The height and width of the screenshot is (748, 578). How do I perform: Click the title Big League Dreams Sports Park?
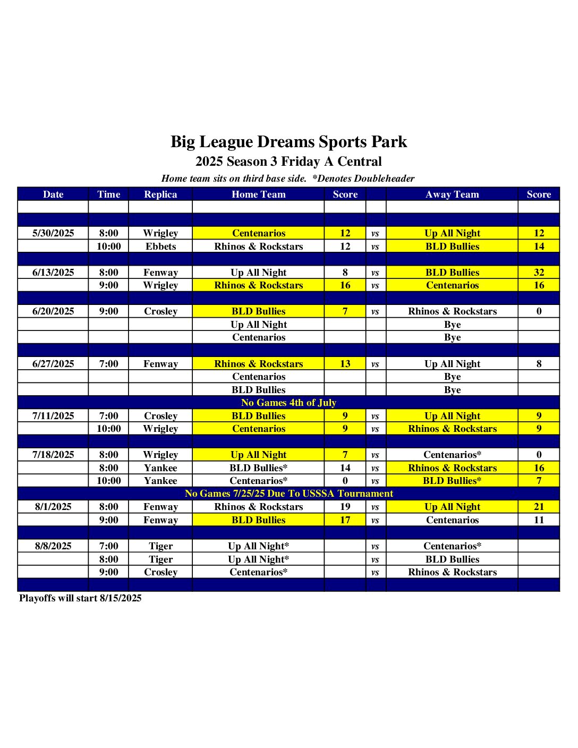click(288, 142)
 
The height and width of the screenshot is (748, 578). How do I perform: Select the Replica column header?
click(160, 194)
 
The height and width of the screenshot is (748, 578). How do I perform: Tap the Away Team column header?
click(452, 194)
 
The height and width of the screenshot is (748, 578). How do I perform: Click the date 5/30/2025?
click(53, 233)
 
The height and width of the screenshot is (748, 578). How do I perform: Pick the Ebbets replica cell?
click(160, 246)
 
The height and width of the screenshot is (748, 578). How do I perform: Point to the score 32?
click(539, 273)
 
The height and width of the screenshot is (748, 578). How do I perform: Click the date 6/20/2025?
click(53, 311)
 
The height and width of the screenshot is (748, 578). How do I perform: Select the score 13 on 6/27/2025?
click(345, 364)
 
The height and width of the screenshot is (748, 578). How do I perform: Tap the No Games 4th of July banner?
click(288, 403)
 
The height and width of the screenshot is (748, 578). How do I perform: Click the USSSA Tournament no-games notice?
click(288, 494)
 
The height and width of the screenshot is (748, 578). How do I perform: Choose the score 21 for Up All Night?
click(539, 507)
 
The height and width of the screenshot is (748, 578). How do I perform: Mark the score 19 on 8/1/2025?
click(345, 507)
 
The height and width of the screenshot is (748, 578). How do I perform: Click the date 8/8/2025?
click(53, 546)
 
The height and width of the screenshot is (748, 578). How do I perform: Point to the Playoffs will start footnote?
click(80, 598)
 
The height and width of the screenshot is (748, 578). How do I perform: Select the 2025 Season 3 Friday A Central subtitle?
click(288, 161)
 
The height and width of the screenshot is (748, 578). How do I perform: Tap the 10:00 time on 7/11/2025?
click(108, 429)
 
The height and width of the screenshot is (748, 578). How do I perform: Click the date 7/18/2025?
click(53, 455)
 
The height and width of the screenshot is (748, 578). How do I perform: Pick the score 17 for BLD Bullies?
click(345, 520)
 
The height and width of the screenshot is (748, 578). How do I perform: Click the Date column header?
click(53, 194)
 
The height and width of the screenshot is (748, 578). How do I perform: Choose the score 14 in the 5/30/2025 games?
click(539, 246)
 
